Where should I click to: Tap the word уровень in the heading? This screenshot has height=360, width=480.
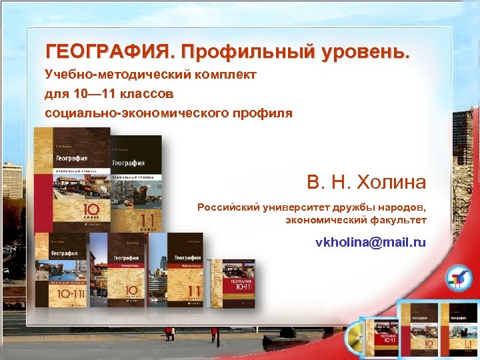click(365, 51)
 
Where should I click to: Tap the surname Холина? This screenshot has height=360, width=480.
click(389, 181)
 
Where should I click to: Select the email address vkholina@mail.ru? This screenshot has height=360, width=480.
click(371, 243)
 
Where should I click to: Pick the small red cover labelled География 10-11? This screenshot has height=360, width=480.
click(232, 283)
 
